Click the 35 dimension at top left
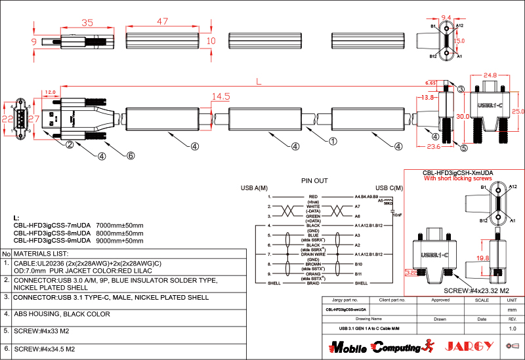click(x=87, y=22)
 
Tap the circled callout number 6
click(x=131, y=155)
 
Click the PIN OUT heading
click(x=314, y=180)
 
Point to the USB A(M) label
click(x=255, y=188)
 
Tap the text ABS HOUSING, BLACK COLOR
click(x=62, y=314)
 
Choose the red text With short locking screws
click(x=458, y=178)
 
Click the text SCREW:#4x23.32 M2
click(x=477, y=290)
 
